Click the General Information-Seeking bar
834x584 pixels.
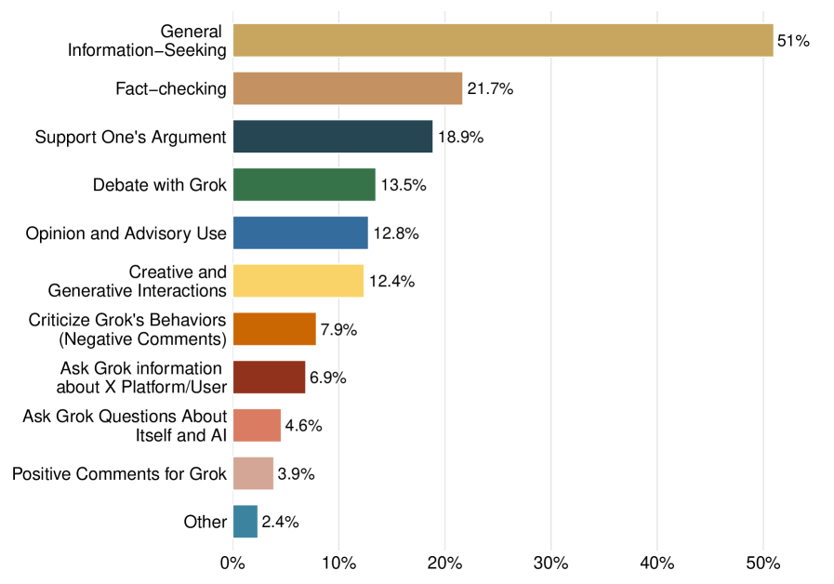tap(502, 41)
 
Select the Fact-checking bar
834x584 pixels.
tap(347, 89)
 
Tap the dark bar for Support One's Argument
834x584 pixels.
tap(332, 137)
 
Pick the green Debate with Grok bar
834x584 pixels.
tap(304, 185)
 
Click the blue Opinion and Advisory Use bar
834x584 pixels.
tap(300, 233)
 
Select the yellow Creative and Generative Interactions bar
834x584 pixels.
tap(298, 281)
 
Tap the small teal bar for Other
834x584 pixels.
tap(245, 522)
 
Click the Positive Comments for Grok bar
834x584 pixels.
tap(253, 473)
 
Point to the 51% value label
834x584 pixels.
tap(793, 41)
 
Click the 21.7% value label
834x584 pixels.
tap(490, 89)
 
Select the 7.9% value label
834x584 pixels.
tap(338, 329)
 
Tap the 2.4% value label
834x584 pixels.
tap(280, 522)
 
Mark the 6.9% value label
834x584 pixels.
tap(328, 378)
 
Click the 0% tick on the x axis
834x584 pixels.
tap(232, 564)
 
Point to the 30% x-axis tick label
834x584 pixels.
tap(551, 564)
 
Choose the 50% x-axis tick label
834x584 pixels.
tap(763, 564)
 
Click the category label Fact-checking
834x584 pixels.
tap(171, 89)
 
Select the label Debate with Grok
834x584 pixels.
tap(160, 185)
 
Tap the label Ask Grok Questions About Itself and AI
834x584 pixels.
tap(125, 425)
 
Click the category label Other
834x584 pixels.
tap(205, 522)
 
